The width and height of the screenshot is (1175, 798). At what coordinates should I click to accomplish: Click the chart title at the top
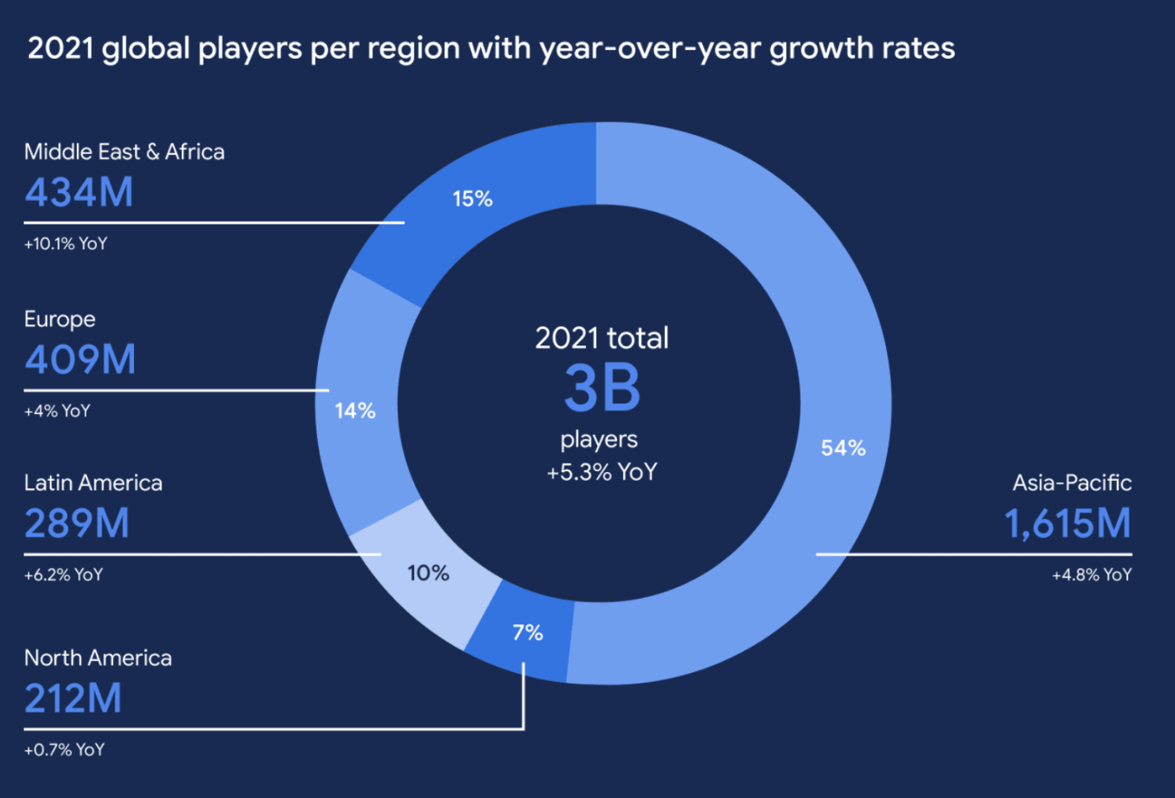tap(491, 48)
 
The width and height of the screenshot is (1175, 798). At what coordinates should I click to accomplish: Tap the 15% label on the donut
tap(472, 198)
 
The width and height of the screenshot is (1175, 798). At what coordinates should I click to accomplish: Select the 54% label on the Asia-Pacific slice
tap(843, 448)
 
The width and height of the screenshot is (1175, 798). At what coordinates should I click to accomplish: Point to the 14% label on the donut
tap(355, 411)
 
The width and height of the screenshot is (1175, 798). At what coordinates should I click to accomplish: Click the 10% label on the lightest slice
tap(428, 573)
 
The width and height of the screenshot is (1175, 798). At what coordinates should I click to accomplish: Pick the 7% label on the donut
tap(528, 633)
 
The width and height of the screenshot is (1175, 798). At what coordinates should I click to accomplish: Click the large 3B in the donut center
tap(602, 388)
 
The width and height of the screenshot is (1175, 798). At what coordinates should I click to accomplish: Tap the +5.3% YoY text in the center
tap(602, 472)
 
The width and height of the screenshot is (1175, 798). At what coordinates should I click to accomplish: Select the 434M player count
tap(79, 193)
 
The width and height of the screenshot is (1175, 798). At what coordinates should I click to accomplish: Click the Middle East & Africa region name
tap(124, 152)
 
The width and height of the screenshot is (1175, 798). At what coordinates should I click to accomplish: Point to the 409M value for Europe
tap(80, 360)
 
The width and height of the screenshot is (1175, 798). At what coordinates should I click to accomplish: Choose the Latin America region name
tap(93, 483)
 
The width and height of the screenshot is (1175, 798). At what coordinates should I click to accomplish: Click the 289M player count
tap(77, 524)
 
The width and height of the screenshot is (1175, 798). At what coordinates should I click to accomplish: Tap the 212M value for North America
tap(73, 699)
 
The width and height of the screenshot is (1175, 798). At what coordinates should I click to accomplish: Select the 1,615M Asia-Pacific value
tap(1067, 524)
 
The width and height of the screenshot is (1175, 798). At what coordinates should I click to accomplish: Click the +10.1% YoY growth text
tap(65, 244)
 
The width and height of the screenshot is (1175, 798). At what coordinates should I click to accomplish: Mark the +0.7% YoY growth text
tap(65, 750)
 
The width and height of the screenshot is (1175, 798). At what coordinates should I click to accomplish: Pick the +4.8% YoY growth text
tap(1091, 574)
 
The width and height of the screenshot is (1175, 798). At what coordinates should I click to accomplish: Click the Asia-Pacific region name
tap(1072, 483)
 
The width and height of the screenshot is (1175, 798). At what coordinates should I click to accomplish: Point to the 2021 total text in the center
tap(602, 338)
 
